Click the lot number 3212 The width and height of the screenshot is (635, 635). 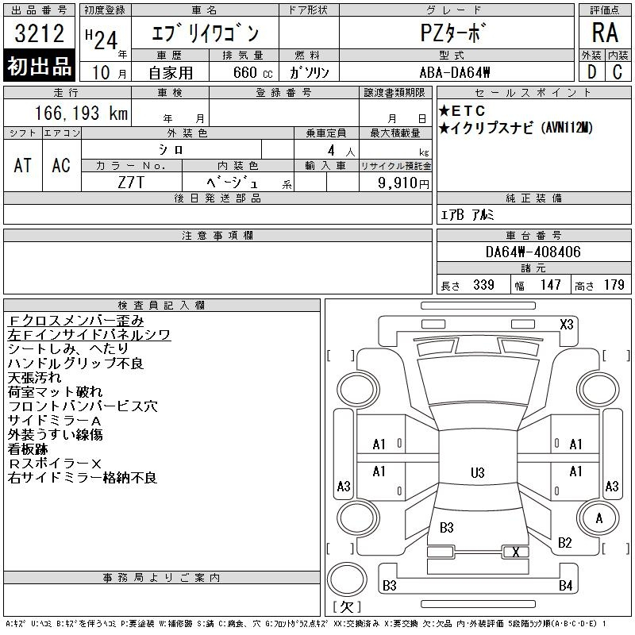pyautogui.click(x=39, y=33)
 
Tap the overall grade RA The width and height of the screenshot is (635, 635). pyautogui.click(x=605, y=33)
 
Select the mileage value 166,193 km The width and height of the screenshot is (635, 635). pyautogui.click(x=81, y=113)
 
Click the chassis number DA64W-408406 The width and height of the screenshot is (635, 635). pyautogui.click(x=533, y=252)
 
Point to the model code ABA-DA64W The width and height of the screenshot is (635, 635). pyautogui.click(x=455, y=72)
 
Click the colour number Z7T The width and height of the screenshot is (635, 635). pyautogui.click(x=131, y=183)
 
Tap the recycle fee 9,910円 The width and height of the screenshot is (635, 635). pyautogui.click(x=403, y=183)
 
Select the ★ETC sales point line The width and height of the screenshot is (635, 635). pyautogui.click(x=462, y=110)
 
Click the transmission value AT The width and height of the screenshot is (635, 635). pyautogui.click(x=23, y=165)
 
